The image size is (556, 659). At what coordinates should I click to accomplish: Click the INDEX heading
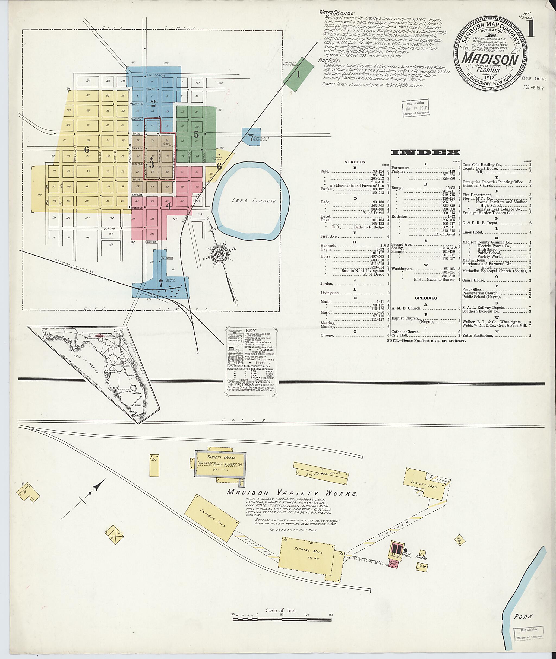point(425,153)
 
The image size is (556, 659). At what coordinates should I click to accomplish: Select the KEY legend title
point(253,331)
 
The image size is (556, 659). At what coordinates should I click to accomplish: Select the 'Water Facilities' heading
point(337,13)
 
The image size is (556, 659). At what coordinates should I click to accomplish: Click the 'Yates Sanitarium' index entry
point(478,336)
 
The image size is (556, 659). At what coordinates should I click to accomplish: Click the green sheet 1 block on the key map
point(298,74)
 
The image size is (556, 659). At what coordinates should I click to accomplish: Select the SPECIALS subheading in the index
point(426,298)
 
